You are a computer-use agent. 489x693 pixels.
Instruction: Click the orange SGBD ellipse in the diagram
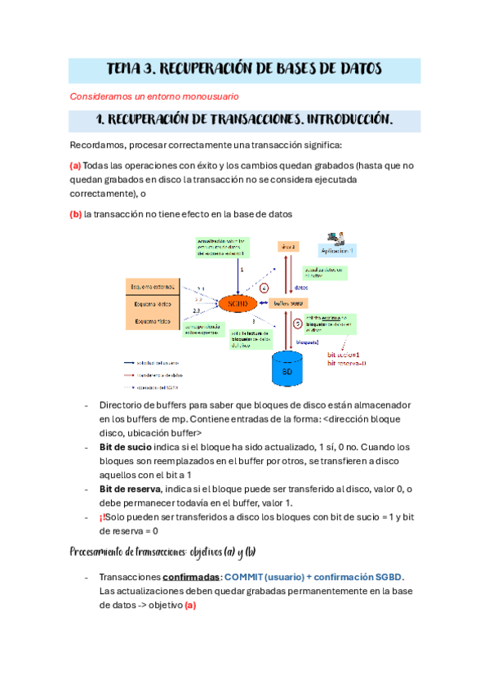point(239,303)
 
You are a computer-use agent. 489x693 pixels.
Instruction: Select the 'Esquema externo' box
point(149,286)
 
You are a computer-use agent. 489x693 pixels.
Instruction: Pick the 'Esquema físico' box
point(149,321)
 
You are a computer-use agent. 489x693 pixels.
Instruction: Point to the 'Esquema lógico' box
point(149,303)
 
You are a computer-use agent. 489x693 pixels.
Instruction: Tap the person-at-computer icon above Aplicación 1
point(335,237)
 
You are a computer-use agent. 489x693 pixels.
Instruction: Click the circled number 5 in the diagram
point(298,324)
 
